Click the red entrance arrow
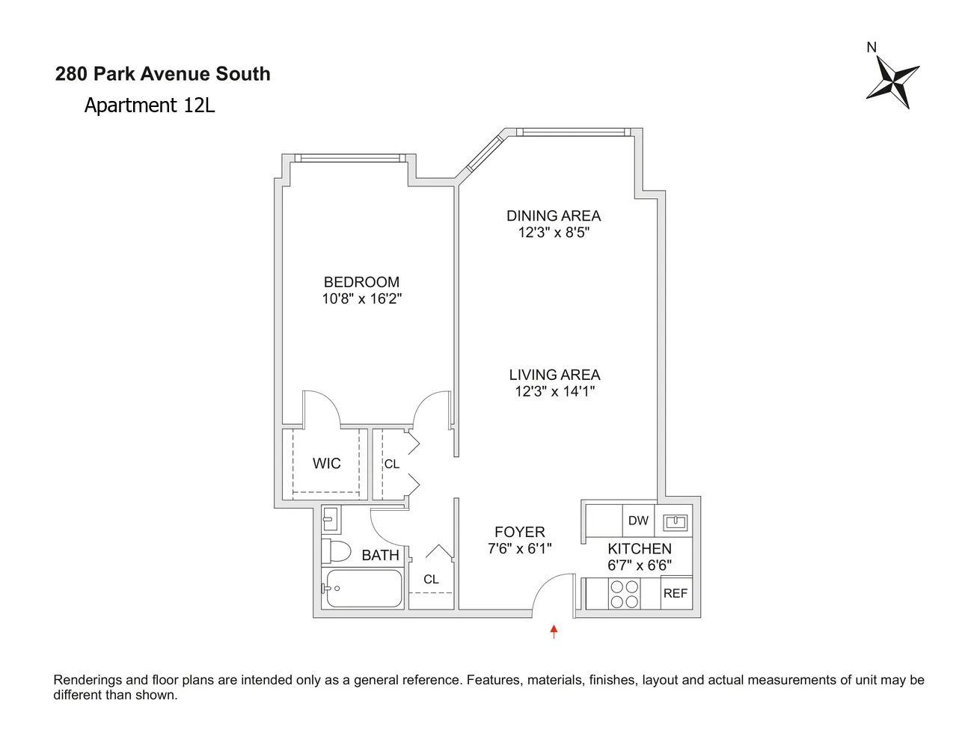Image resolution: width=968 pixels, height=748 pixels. tap(554, 632)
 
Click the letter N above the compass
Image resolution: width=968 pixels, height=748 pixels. tap(871, 48)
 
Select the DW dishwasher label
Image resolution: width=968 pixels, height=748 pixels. tap(638, 521)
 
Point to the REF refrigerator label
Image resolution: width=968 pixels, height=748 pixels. tap(675, 593)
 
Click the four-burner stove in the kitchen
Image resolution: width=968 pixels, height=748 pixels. tap(624, 594)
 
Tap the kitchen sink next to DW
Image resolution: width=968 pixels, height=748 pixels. tap(676, 521)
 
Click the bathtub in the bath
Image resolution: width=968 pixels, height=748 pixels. tap(363, 589)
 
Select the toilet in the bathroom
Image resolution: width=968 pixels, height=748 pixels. tap(337, 551)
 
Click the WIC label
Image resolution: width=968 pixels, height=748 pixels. tap(326, 464)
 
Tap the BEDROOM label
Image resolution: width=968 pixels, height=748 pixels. tap(361, 282)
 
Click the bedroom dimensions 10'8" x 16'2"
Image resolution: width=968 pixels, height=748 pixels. tap(361, 298)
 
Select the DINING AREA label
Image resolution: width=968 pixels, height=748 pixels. tap(554, 215)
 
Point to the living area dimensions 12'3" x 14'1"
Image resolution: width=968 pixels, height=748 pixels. tap(554, 391)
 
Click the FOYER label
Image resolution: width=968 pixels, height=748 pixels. tap(519, 532)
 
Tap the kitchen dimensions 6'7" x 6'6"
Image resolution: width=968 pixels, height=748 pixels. tap(639, 565)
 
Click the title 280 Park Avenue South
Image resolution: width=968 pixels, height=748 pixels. tap(162, 74)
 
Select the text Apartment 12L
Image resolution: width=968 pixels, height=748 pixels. tap(149, 105)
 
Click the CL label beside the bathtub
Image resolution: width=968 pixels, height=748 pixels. tap(431, 580)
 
